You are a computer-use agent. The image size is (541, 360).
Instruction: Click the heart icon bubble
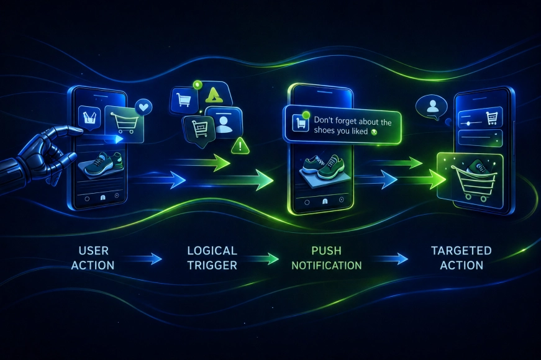143,107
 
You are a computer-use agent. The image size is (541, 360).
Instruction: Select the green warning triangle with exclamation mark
240,146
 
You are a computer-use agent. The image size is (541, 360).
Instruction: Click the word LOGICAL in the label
212,250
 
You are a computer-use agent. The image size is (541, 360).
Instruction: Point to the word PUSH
326,250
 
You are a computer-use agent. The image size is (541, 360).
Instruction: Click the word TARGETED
461,250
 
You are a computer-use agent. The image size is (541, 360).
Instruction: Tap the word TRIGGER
212,265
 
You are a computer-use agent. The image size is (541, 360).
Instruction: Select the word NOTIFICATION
326,265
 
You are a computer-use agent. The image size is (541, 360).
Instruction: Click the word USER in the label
94,250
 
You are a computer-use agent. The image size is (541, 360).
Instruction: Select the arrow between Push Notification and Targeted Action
390,259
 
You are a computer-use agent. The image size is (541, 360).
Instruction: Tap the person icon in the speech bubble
432,106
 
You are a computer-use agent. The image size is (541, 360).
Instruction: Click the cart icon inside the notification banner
301,123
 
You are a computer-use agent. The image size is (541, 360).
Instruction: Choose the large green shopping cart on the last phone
475,182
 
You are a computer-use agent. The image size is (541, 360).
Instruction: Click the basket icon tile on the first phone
89,117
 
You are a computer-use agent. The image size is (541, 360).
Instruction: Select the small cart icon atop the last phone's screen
491,118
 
